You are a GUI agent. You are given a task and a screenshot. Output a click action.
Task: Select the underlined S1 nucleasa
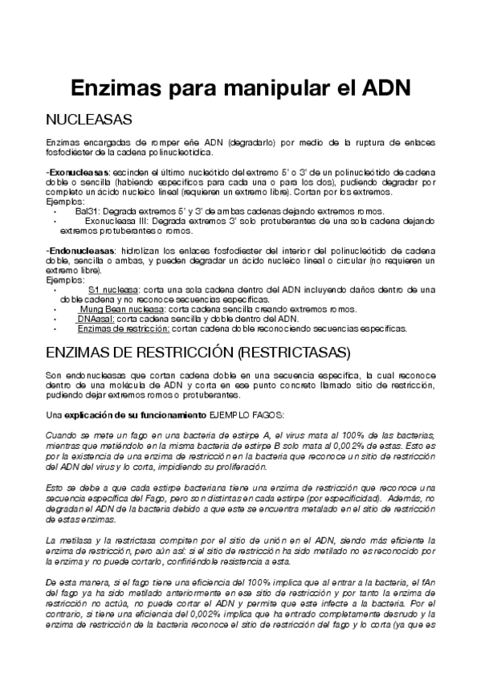(112, 290)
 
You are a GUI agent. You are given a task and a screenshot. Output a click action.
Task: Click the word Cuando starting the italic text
(61, 435)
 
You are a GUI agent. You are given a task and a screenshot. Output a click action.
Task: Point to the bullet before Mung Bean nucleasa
(55, 309)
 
